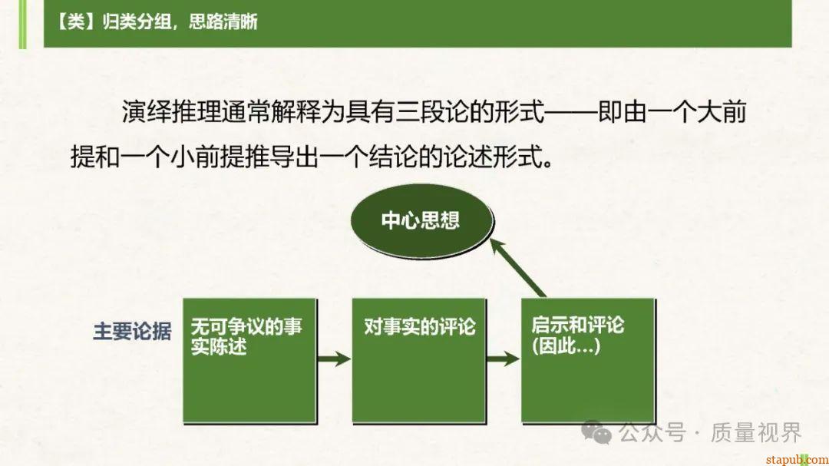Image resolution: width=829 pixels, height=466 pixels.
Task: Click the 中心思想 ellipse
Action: (x=420, y=222)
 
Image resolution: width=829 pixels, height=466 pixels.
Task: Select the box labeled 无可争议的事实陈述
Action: (x=249, y=360)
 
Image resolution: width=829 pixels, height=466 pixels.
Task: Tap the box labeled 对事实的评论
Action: (x=419, y=360)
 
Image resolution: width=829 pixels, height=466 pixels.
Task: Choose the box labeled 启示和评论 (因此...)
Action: (x=589, y=360)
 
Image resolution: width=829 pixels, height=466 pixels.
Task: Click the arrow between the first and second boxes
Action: (x=333, y=359)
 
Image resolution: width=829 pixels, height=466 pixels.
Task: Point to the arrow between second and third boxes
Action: (x=503, y=359)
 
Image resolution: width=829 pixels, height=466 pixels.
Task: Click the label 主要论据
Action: (x=132, y=331)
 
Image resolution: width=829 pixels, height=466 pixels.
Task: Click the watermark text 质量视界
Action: (x=756, y=433)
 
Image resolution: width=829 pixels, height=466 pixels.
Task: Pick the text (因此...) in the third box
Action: (x=566, y=347)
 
